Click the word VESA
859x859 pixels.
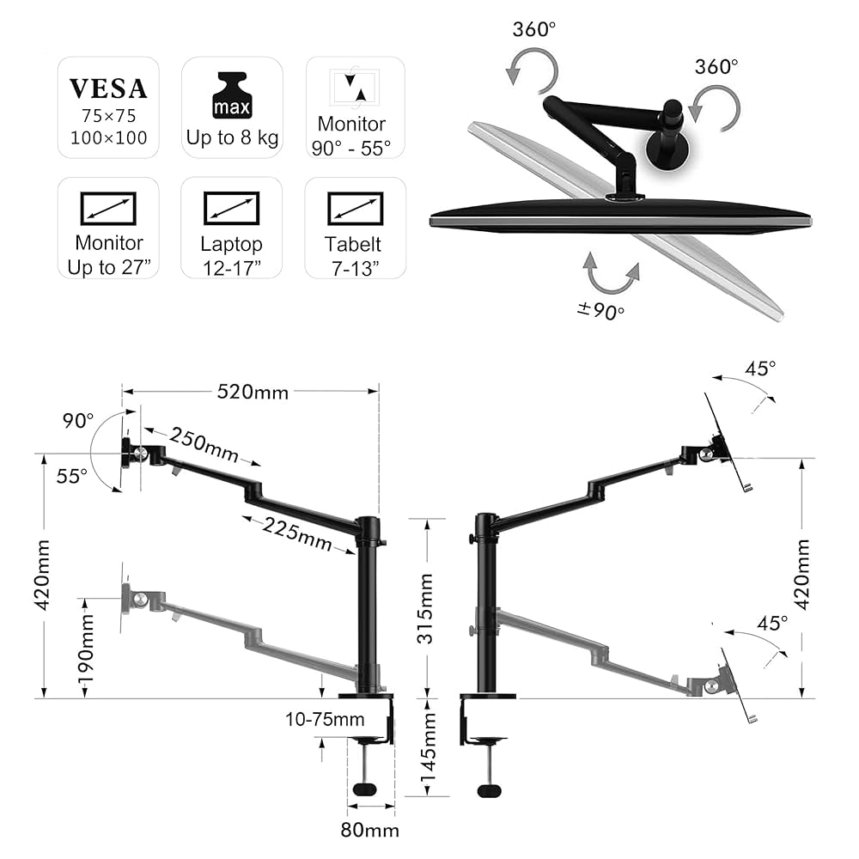108,88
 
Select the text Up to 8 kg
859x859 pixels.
232,137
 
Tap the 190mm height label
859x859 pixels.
87,649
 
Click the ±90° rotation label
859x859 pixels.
600,312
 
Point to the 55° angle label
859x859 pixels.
72,475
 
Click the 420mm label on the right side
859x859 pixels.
801,574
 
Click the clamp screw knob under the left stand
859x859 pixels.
366,789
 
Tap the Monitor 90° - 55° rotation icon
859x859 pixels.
354,87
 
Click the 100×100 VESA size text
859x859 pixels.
108,137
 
